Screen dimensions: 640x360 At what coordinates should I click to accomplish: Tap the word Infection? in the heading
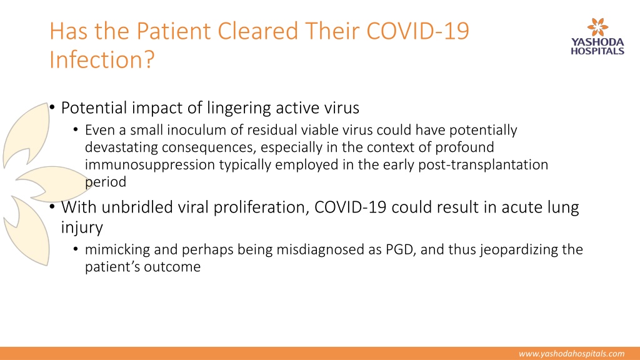pyautogui.click(x=102, y=59)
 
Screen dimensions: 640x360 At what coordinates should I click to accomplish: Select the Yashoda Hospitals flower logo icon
pyautogui.click(x=597, y=27)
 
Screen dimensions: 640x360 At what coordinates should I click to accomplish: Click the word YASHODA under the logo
pyautogui.click(x=597, y=42)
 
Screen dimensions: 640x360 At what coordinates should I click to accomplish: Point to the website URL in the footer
pyautogui.click(x=571, y=354)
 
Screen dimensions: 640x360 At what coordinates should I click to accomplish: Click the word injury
pyautogui.click(x=82, y=227)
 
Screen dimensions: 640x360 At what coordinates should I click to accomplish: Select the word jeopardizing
pyautogui.click(x=519, y=249)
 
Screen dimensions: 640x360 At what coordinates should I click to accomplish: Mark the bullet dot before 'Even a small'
pyautogui.click(x=76, y=130)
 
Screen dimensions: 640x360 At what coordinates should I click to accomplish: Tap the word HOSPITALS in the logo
pyautogui.click(x=597, y=51)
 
